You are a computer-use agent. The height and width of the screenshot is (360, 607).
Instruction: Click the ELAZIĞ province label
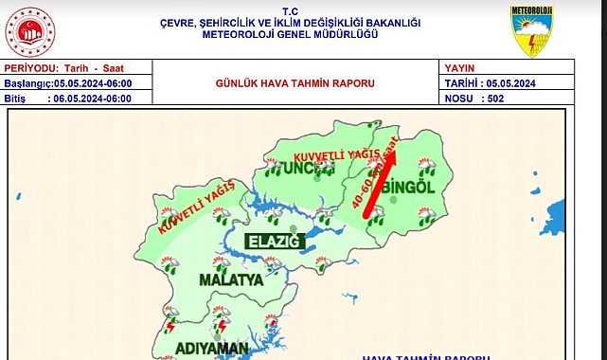[x=275, y=242]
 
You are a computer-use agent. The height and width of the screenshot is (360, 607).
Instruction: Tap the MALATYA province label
[x=231, y=280]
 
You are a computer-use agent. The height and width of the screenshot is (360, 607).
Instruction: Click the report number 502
[x=492, y=97]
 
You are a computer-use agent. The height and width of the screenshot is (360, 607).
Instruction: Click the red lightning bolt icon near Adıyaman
[x=222, y=327]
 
